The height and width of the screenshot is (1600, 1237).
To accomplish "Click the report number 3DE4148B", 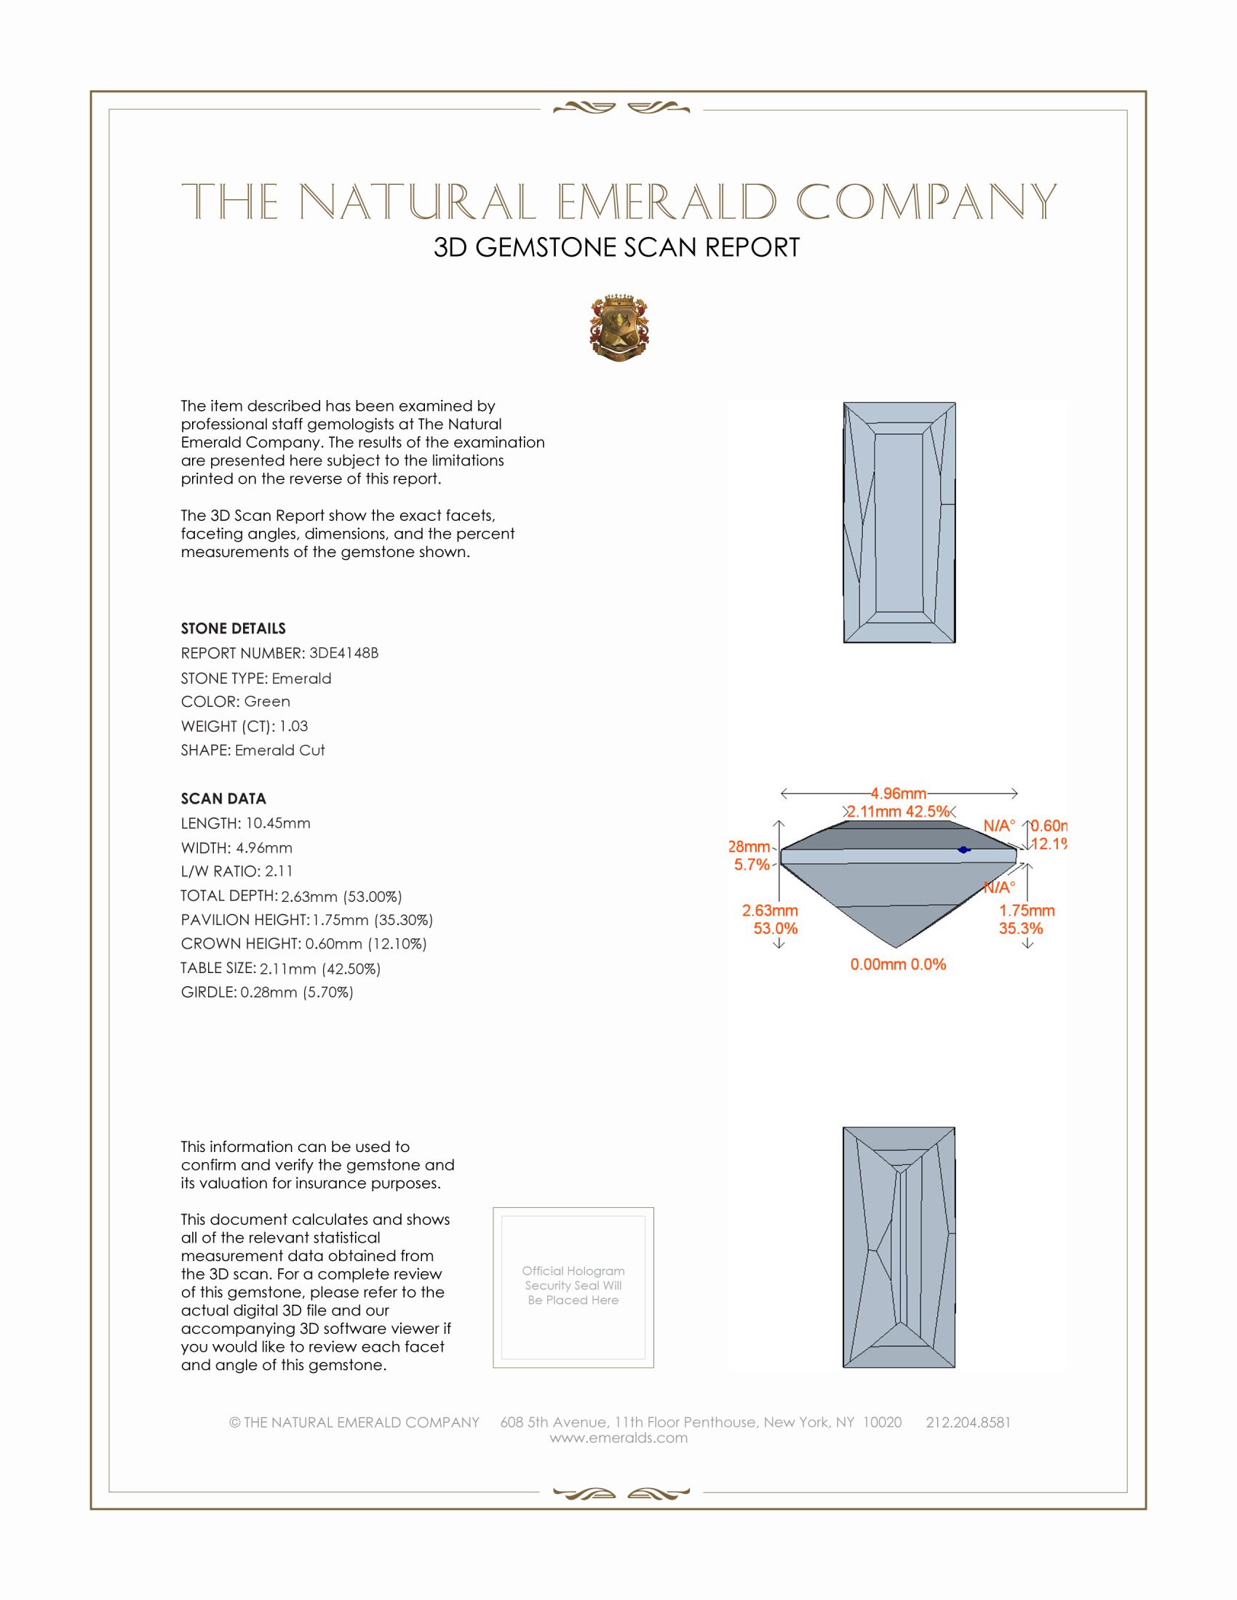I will pyautogui.click(x=343, y=653).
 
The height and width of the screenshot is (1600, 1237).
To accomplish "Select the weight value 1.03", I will pyautogui.click(x=293, y=726).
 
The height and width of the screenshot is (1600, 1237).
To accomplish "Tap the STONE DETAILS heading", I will pyautogui.click(x=233, y=628).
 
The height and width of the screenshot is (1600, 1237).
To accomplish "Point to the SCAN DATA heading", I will pyautogui.click(x=223, y=799).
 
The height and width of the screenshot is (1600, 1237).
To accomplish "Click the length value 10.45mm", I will pyautogui.click(x=278, y=823).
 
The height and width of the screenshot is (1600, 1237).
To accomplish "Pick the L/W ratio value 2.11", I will pyautogui.click(x=279, y=871).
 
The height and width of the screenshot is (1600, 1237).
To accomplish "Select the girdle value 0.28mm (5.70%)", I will pyautogui.click(x=297, y=993).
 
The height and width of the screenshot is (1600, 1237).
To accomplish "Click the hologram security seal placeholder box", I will pyautogui.click(x=573, y=1287).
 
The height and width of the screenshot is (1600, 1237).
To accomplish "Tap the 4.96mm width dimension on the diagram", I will pyautogui.click(x=899, y=793).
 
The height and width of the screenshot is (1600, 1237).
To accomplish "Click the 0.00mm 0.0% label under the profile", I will pyautogui.click(x=898, y=964).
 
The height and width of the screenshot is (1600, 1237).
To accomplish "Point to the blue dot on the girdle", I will pyautogui.click(x=963, y=849).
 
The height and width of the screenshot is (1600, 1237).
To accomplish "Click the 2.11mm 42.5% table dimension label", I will pyautogui.click(x=899, y=812).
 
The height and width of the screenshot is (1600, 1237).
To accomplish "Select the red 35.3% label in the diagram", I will pyautogui.click(x=1020, y=929).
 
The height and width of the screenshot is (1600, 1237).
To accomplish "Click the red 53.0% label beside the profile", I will pyautogui.click(x=776, y=929).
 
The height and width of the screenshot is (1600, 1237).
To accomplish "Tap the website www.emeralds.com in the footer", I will pyautogui.click(x=618, y=1438).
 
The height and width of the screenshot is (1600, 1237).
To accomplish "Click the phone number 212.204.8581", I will pyautogui.click(x=968, y=1422).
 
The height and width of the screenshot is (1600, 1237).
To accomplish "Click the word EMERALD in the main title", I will pyautogui.click(x=666, y=201).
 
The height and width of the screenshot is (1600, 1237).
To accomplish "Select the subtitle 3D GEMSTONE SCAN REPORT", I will pyautogui.click(x=616, y=247).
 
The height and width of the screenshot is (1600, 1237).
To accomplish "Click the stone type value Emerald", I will pyautogui.click(x=301, y=679).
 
